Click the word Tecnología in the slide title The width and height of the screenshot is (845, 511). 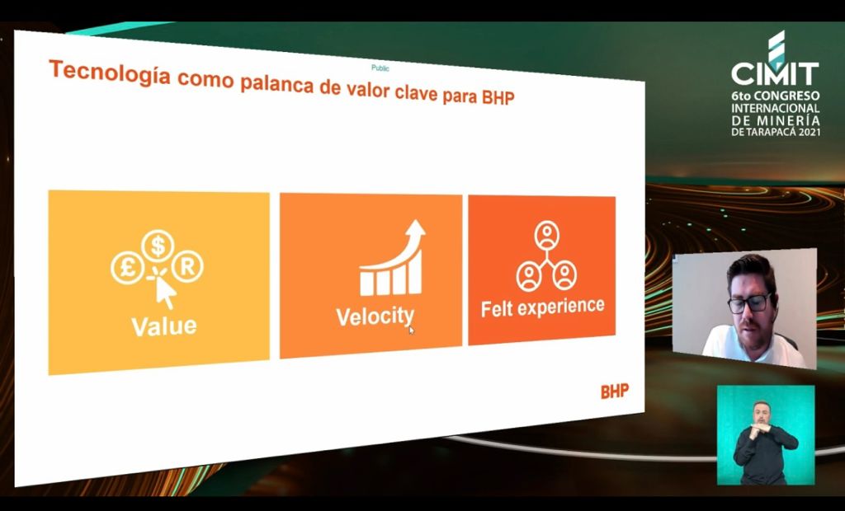(111, 73)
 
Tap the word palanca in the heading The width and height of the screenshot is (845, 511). (276, 85)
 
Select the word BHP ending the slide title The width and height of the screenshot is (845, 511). (498, 97)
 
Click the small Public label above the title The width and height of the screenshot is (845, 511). (380, 68)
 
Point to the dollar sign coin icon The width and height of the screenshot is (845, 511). (158, 246)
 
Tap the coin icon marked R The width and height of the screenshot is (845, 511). (187, 266)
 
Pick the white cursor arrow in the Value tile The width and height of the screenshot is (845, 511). (165, 293)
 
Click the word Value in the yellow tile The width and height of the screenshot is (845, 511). (164, 326)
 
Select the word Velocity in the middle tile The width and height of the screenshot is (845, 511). (375, 316)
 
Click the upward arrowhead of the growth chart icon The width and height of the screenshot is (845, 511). (415, 228)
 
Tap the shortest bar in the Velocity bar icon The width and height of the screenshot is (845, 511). (366, 284)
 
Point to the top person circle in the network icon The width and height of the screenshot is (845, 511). (547, 236)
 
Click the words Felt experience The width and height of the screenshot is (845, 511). (543, 307)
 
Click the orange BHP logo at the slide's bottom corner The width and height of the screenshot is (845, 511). (615, 391)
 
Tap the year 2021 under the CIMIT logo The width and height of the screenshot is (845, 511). (808, 131)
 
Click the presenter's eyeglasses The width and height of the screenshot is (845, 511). (750, 303)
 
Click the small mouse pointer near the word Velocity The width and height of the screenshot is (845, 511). (411, 330)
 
